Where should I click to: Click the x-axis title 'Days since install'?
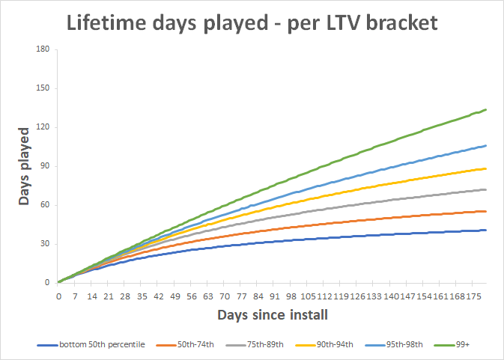click(x=273, y=315)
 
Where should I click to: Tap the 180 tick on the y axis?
click(x=43, y=49)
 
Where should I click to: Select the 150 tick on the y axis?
click(x=43, y=88)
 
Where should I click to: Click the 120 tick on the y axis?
click(x=43, y=127)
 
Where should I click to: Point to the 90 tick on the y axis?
click(x=45, y=166)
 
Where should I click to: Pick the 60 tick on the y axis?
click(x=45, y=205)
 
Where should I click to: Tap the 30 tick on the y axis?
click(x=45, y=244)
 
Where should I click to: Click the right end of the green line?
click(x=487, y=110)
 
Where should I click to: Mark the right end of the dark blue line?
click(x=487, y=230)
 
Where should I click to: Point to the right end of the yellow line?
click(x=487, y=168)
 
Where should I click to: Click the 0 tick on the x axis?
click(x=58, y=296)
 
